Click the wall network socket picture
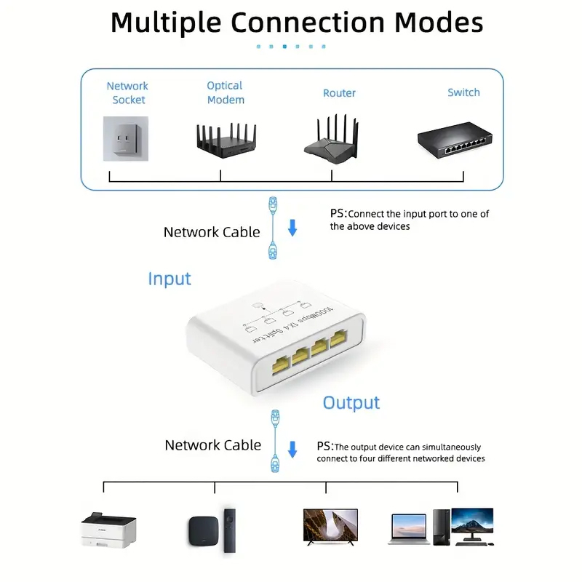129,138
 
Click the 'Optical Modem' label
225,92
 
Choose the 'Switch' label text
463,92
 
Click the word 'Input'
170,279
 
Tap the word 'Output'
351,402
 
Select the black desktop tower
440,526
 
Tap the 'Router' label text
340,93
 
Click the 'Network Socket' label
127,92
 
